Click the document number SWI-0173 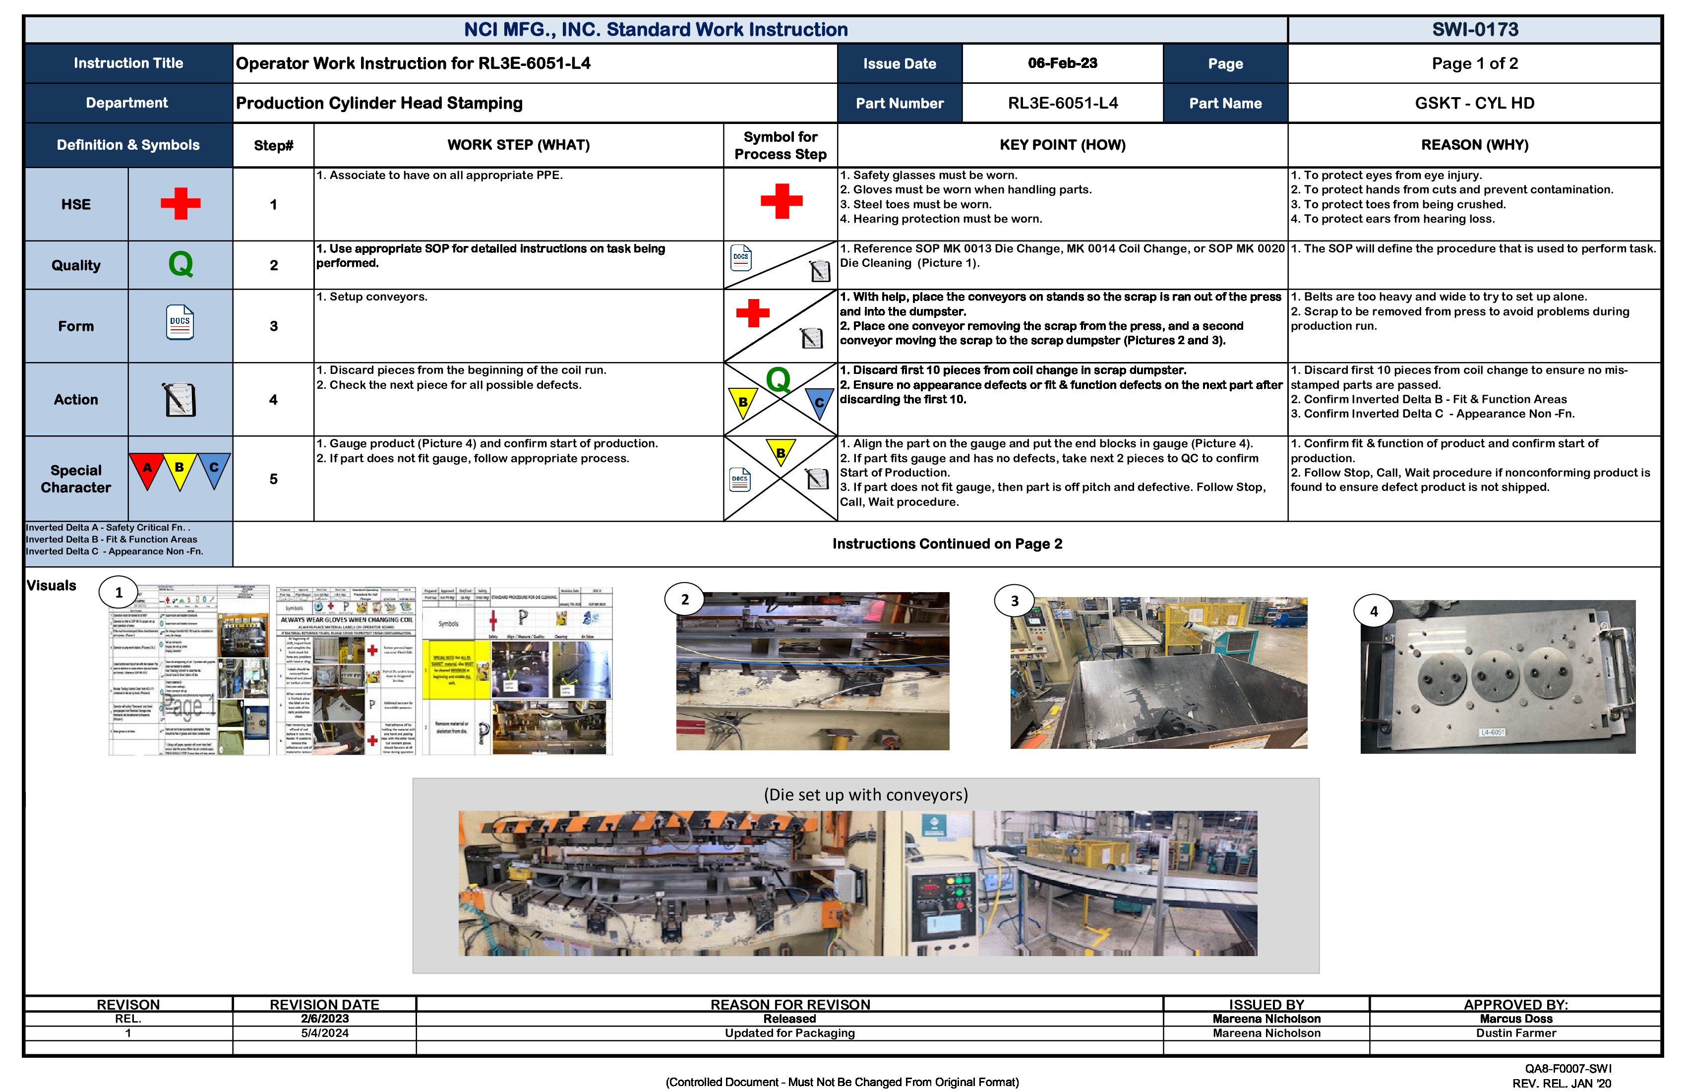click(x=1475, y=30)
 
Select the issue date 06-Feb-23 click(x=1062, y=63)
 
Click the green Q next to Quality click(x=181, y=264)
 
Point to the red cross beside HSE click(x=181, y=203)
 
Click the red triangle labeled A click(x=147, y=469)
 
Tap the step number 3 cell click(x=273, y=326)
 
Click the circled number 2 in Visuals click(x=684, y=600)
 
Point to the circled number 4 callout click(x=1374, y=610)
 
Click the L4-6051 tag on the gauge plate click(x=1493, y=732)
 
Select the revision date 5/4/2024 click(x=324, y=1033)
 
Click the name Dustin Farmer click(x=1515, y=1033)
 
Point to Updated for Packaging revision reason click(x=789, y=1033)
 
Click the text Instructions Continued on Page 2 click(x=947, y=544)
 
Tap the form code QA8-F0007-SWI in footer click(x=1567, y=1068)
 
